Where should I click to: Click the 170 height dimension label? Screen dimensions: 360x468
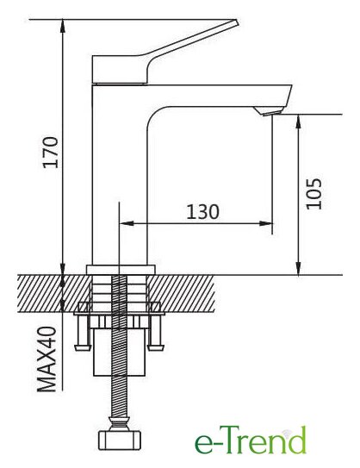[50, 153]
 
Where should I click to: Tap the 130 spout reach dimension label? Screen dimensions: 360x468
[202, 212]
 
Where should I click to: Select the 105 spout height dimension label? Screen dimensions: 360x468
[314, 194]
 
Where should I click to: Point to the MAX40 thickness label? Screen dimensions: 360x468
[47, 359]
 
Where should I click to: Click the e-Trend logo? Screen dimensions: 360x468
[251, 440]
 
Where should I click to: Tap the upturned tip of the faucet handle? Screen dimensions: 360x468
[236, 23]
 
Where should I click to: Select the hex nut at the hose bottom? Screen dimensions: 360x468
[120, 440]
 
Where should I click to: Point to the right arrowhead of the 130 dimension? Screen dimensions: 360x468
[266, 223]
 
